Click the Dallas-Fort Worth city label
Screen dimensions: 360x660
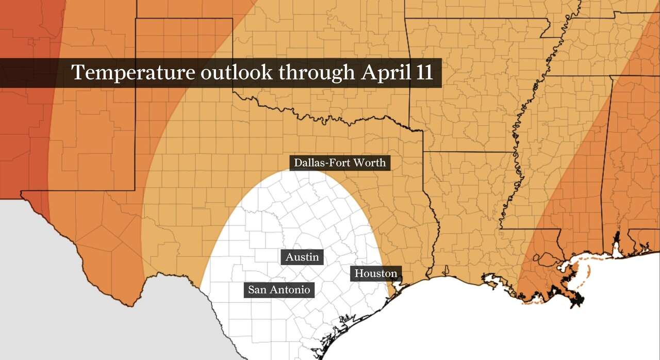[339, 163]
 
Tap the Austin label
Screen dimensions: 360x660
[302, 257]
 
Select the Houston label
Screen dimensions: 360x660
[376, 273]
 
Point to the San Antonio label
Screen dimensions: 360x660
[279, 290]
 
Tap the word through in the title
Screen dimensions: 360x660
[317, 73]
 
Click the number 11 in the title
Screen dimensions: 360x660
[424, 73]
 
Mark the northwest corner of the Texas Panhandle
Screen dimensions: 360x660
[136, 20]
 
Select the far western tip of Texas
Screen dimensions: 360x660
[22, 194]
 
